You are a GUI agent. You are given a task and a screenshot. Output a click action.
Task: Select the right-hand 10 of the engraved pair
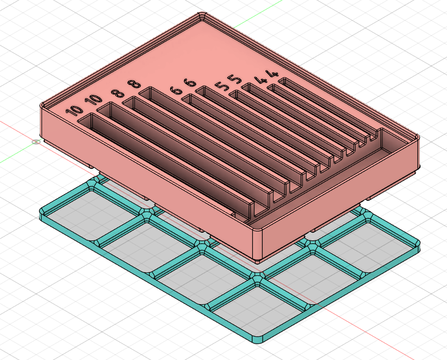[94, 99]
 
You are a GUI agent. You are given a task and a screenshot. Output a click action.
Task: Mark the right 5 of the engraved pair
[236, 78]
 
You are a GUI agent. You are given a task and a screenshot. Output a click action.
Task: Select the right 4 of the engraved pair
[273, 73]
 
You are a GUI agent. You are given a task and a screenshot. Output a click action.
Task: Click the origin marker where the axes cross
[36, 142]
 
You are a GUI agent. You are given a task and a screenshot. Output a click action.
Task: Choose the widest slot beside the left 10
[165, 165]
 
